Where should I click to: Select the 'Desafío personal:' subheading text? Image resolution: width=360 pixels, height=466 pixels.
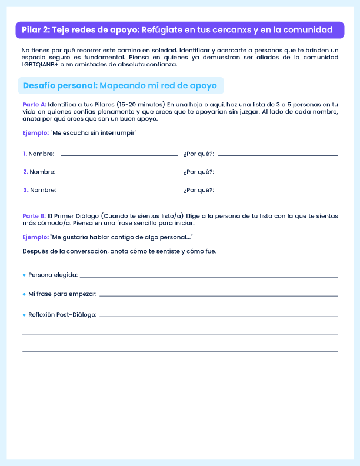[60, 86]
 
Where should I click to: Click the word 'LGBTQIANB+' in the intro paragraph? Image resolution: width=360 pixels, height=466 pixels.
[42, 64]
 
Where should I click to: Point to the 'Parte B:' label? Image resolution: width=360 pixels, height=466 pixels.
[34, 216]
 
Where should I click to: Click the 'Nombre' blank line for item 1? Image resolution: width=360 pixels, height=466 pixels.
[119, 155]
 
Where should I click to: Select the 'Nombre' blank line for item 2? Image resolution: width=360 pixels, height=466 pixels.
[119, 173]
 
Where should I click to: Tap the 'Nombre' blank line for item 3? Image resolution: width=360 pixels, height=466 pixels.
[119, 191]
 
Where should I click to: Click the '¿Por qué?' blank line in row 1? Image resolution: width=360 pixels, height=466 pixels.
[278, 155]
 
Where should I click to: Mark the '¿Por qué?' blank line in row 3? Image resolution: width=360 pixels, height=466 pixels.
[278, 191]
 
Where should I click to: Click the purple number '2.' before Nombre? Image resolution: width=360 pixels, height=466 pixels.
[25, 172]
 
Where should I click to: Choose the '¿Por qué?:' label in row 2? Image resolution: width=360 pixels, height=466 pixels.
[199, 172]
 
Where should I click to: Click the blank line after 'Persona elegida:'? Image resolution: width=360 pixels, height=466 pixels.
[209, 277]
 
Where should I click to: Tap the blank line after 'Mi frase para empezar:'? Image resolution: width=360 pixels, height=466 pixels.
[219, 295]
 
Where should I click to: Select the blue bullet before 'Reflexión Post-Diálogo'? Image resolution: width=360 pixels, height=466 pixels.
[24, 315]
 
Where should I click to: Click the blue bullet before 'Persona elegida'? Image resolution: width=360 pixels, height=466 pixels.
[24, 275]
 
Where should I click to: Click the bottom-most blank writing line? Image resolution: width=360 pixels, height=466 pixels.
[180, 351]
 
